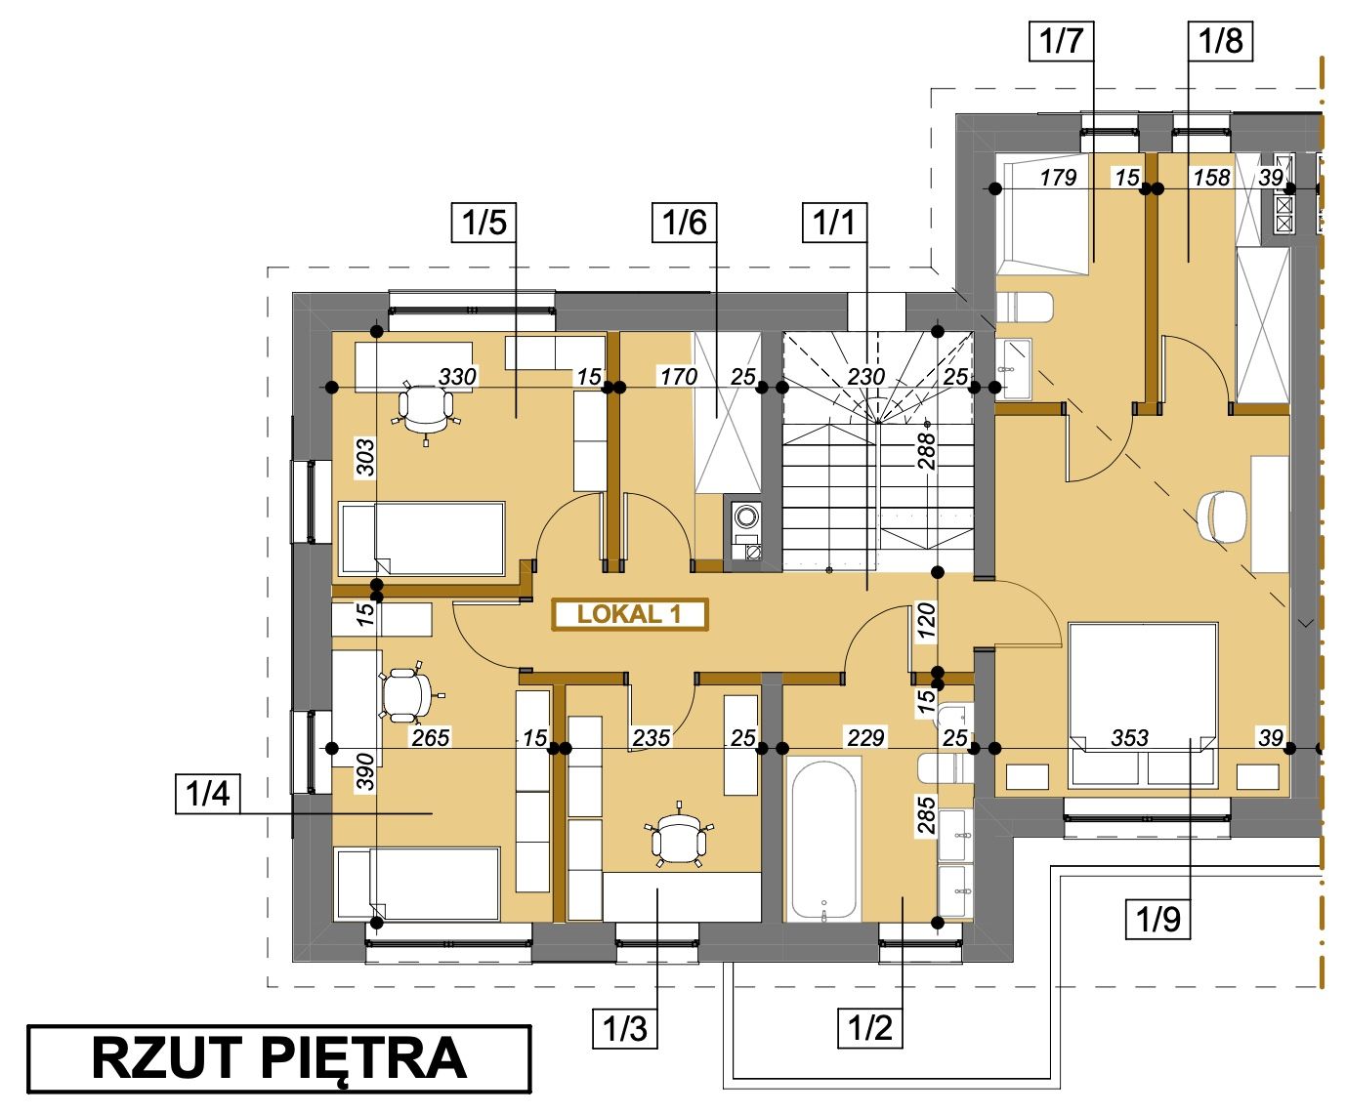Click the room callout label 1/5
tap(484, 223)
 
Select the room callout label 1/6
tap(684, 223)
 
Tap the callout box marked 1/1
tap(834, 223)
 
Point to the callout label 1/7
tap(1061, 41)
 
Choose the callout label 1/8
tap(1220, 41)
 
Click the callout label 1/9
tap(1157, 919)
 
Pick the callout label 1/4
tap(208, 794)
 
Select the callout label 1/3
tap(625, 1029)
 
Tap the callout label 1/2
tap(869, 1029)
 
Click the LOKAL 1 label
tap(630, 614)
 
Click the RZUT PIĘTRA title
tap(279, 1059)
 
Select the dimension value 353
tap(1129, 738)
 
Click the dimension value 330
tap(457, 377)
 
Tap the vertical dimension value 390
tap(365, 770)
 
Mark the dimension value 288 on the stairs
tap(926, 451)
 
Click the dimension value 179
tap(1058, 178)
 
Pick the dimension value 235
tap(652, 738)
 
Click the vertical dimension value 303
tap(365, 457)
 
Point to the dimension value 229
tap(865, 738)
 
